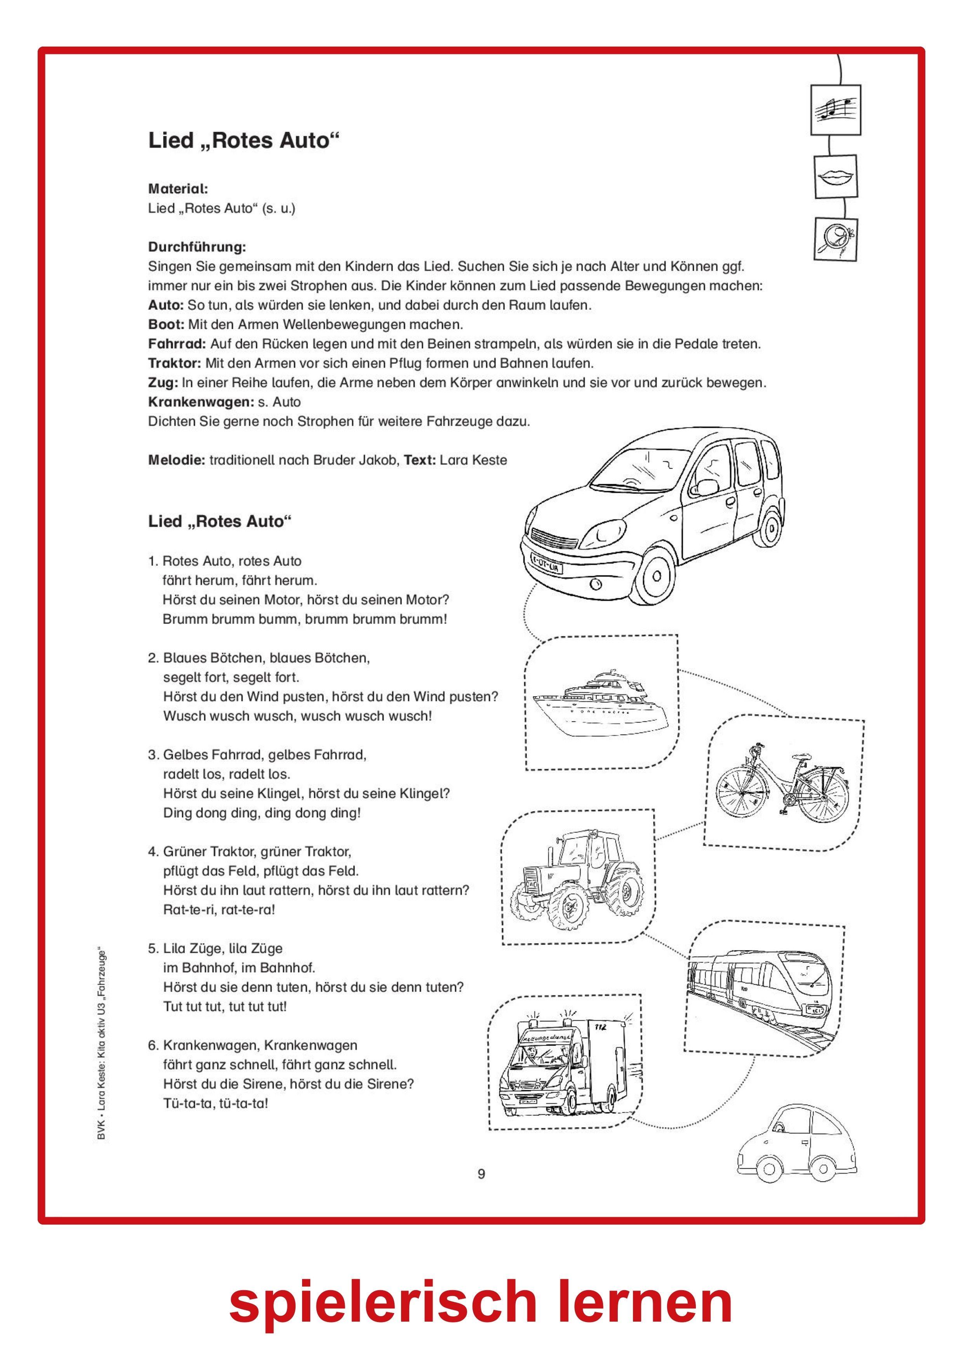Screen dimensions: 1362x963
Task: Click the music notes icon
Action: pos(835,110)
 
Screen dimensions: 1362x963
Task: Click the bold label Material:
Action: pos(177,189)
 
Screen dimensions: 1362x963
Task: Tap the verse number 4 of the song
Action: pos(152,852)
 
